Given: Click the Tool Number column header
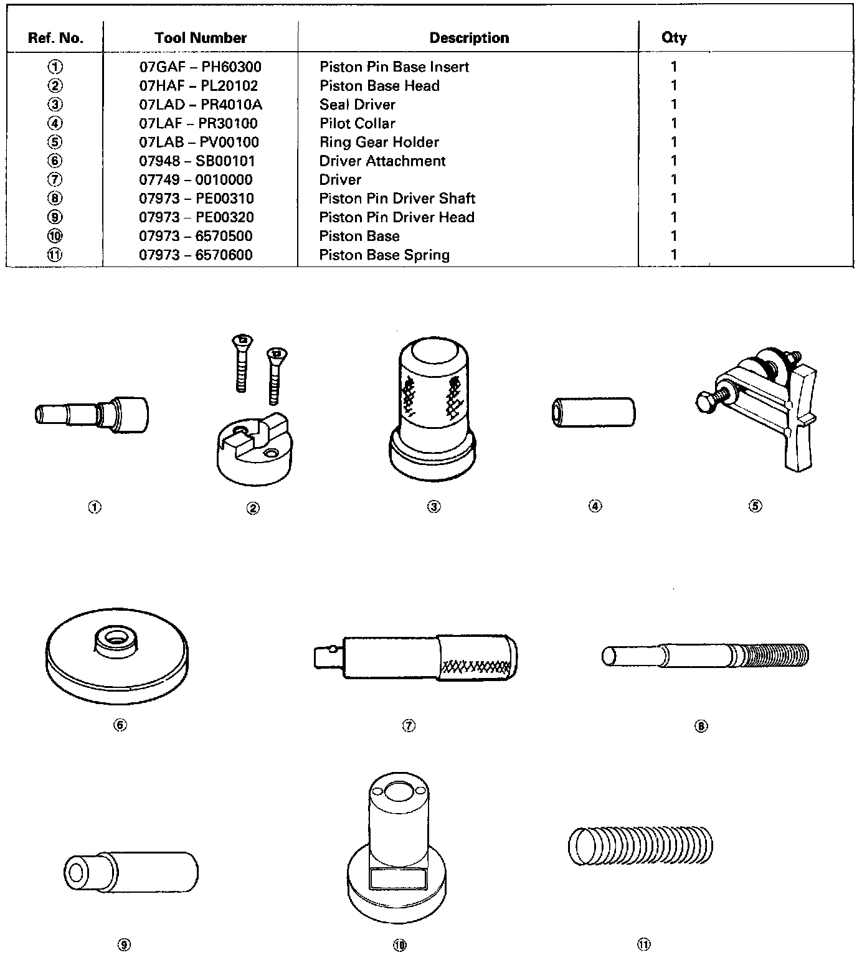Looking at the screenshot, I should click(x=201, y=38).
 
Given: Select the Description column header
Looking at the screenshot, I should click(x=469, y=38).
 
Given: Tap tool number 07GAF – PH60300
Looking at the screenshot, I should click(x=200, y=67).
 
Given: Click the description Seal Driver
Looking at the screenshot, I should click(x=357, y=105).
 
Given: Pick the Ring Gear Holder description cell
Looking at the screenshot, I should click(x=379, y=142).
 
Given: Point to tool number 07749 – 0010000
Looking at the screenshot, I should click(x=196, y=180).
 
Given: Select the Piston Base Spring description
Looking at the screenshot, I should click(x=384, y=255).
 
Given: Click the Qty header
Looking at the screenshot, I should click(x=674, y=38).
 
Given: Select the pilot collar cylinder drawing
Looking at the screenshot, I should click(x=594, y=413).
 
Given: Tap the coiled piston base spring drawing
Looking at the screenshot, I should click(x=640, y=846).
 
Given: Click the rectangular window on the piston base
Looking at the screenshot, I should click(x=397, y=878).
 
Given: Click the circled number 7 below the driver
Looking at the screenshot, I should click(x=409, y=726).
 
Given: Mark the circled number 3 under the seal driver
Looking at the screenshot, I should click(x=434, y=507).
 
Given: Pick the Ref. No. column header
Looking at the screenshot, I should click(x=55, y=38).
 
